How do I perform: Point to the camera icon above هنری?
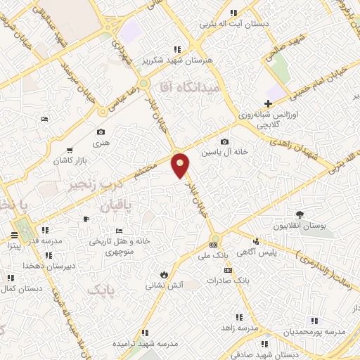(101, 132)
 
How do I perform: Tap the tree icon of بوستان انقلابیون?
(300, 214)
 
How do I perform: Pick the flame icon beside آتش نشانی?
(164, 274)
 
